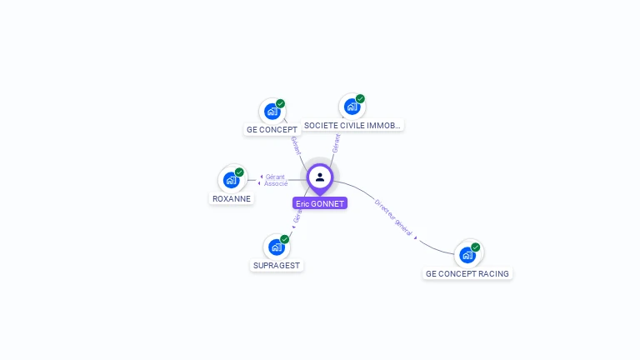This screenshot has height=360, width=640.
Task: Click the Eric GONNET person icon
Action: click(320, 177)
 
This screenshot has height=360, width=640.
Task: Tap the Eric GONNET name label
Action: click(320, 203)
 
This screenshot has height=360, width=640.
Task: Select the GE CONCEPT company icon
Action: click(272, 111)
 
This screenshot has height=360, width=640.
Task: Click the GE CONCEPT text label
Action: click(272, 130)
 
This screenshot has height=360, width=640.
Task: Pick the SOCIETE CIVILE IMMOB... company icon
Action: click(352, 106)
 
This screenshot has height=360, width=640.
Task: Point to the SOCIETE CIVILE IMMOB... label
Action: click(352, 126)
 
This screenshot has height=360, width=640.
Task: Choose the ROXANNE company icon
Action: click(231, 179)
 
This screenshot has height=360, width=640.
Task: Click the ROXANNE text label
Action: click(232, 199)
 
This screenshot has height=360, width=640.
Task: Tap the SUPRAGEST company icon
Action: click(276, 247)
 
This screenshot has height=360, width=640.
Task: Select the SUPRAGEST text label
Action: click(277, 266)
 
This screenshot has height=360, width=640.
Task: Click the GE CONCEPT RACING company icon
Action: click(467, 254)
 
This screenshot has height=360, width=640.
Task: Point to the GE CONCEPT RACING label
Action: click(467, 273)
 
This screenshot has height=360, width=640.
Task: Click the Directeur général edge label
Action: click(393, 217)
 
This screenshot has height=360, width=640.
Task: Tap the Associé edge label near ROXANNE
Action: click(276, 183)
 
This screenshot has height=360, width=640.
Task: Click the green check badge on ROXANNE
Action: click(239, 172)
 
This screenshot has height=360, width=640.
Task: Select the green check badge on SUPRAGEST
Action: click(284, 239)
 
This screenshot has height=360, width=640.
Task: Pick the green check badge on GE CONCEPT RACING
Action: click(475, 247)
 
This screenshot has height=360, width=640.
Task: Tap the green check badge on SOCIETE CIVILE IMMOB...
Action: click(360, 99)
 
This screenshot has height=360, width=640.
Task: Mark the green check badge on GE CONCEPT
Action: click(280, 104)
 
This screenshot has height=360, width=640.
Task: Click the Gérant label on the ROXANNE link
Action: click(275, 177)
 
